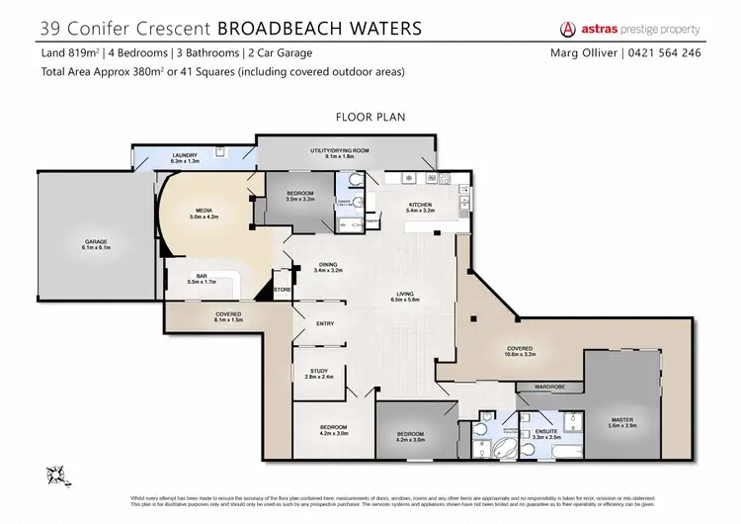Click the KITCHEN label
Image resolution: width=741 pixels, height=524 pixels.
(422, 206)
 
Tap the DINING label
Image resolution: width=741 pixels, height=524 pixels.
(327, 264)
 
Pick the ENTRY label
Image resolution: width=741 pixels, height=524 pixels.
(325, 323)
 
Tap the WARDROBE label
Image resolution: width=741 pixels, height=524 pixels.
(548, 387)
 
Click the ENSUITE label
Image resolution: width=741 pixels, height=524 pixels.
(532, 431)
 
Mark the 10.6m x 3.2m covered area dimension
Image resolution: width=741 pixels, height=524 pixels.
(520, 353)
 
